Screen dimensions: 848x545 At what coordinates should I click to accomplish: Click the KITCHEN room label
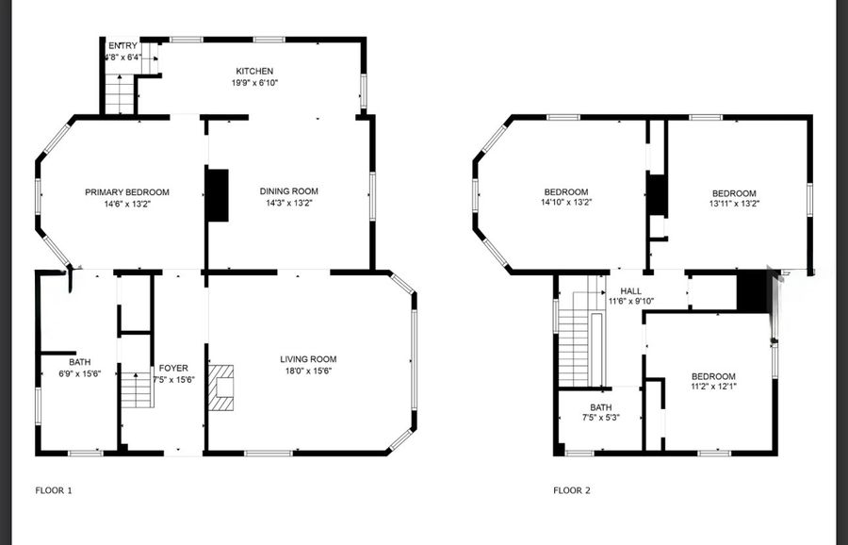(x=254, y=71)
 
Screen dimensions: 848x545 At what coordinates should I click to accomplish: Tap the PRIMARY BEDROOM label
(x=127, y=192)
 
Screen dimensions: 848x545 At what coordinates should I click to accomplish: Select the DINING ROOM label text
(x=289, y=191)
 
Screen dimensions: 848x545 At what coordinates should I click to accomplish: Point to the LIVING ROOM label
(x=308, y=359)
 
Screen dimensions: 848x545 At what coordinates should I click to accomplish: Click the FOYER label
(x=173, y=368)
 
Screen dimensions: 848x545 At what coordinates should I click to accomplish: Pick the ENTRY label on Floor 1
(x=122, y=45)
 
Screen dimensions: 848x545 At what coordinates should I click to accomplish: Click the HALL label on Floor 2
(x=630, y=291)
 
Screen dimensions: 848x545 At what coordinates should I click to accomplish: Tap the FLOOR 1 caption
(x=54, y=490)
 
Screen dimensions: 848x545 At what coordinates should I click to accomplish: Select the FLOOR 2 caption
(x=572, y=490)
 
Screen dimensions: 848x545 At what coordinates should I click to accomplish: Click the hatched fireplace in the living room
(x=221, y=388)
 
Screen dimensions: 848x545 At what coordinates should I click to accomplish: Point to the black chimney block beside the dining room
(x=218, y=195)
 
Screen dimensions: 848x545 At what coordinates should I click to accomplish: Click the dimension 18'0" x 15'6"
(x=308, y=371)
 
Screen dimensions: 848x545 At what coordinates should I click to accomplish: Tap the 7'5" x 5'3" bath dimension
(x=601, y=418)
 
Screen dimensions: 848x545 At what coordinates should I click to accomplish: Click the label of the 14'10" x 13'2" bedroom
(x=566, y=191)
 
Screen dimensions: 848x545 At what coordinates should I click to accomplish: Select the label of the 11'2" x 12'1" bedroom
(x=713, y=376)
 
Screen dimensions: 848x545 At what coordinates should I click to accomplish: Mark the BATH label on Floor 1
(x=79, y=362)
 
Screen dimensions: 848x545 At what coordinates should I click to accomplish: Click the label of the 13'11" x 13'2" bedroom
(x=734, y=193)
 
